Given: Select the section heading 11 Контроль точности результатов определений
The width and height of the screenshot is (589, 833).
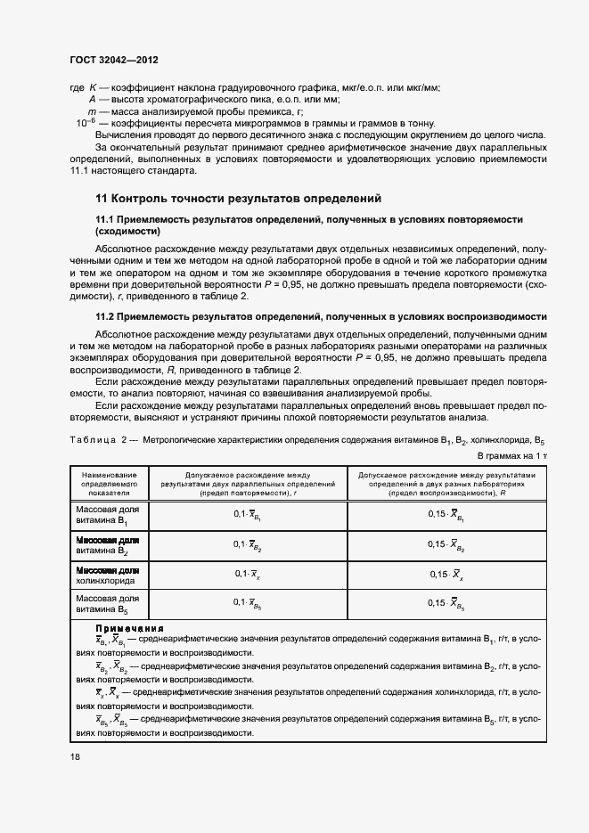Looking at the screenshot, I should (x=238, y=198).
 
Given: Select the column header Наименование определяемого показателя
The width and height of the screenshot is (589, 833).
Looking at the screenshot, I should (x=106, y=484).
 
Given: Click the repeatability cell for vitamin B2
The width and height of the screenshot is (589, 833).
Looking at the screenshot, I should (x=247, y=544).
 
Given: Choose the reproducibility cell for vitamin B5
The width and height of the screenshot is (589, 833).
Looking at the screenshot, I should (x=444, y=604).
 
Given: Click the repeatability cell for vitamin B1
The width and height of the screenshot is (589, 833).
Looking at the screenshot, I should (x=247, y=514).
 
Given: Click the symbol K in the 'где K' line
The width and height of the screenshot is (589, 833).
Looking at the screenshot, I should (x=93, y=87).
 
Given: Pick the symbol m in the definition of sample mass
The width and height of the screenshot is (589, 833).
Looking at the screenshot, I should (x=92, y=110).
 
